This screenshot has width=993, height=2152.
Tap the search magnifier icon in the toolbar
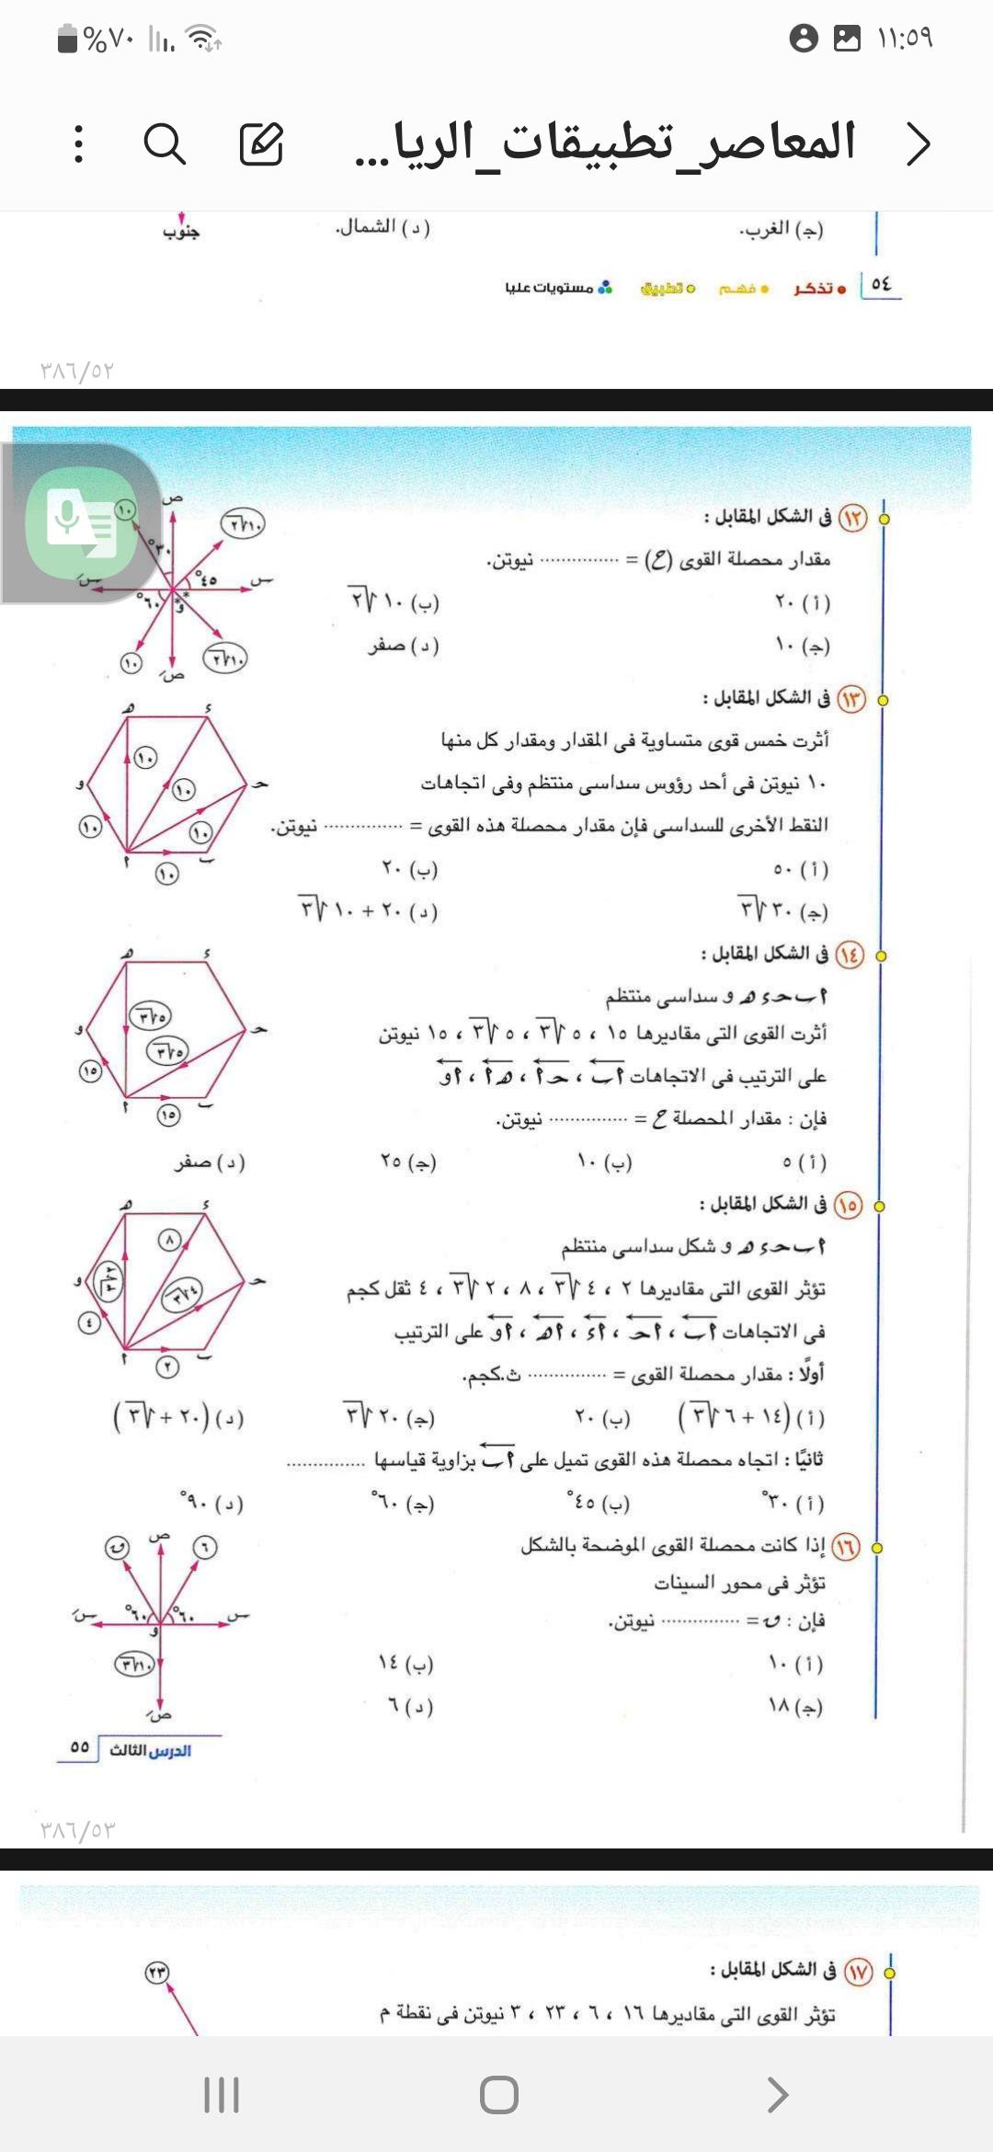165,144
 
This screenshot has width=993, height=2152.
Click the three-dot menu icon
79,144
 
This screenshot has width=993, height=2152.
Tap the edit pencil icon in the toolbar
261,144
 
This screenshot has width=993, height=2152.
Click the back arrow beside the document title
918,144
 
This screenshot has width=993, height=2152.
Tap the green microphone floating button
81,522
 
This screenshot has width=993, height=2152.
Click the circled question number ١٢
852,518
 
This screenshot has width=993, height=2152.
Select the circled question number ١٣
850,699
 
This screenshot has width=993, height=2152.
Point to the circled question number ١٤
849,955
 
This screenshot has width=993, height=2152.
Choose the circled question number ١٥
848,1204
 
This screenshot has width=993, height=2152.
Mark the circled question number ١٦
845,1547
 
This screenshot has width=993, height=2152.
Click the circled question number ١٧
858,1972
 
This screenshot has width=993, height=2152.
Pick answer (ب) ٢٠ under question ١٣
410,868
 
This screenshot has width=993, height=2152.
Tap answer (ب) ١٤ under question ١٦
405,1663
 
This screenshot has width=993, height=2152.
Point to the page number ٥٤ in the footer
881,284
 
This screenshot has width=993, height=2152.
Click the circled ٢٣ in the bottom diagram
157,1973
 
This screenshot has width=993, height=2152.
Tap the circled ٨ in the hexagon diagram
169,1240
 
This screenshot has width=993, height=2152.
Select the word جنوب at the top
181,232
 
